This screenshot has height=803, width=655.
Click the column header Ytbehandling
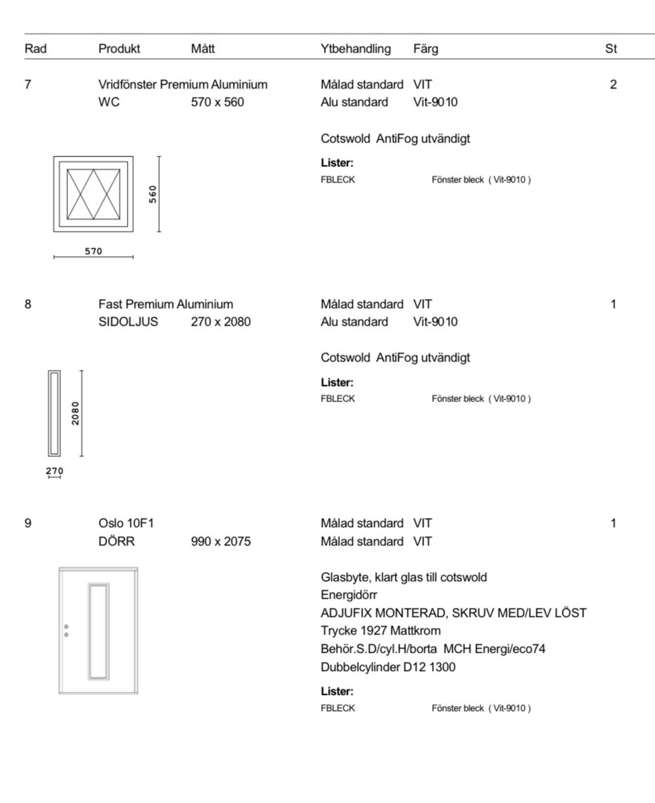[356, 48]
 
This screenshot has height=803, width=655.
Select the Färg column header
[426, 48]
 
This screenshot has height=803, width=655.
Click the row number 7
[28, 85]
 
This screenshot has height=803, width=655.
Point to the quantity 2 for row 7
[613, 85]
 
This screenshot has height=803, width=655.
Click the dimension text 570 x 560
[217, 102]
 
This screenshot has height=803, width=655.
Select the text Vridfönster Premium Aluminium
[183, 85]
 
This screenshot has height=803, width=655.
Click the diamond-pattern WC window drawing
[93, 194]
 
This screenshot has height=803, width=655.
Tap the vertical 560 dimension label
[153, 194]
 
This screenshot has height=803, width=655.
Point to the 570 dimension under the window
[93, 251]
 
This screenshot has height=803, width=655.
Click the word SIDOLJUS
[128, 322]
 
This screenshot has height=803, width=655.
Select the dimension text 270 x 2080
[221, 322]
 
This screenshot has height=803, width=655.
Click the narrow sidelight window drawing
[54, 413]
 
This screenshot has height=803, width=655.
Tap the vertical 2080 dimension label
[75, 413]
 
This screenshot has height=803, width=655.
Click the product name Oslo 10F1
[127, 524]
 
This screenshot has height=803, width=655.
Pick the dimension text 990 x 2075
[221, 542]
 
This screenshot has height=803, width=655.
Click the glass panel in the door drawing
[99, 630]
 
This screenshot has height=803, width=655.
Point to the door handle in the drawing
[66, 630]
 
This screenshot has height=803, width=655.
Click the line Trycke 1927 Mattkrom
[381, 630]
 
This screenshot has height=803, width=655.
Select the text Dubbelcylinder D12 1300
[388, 667]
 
